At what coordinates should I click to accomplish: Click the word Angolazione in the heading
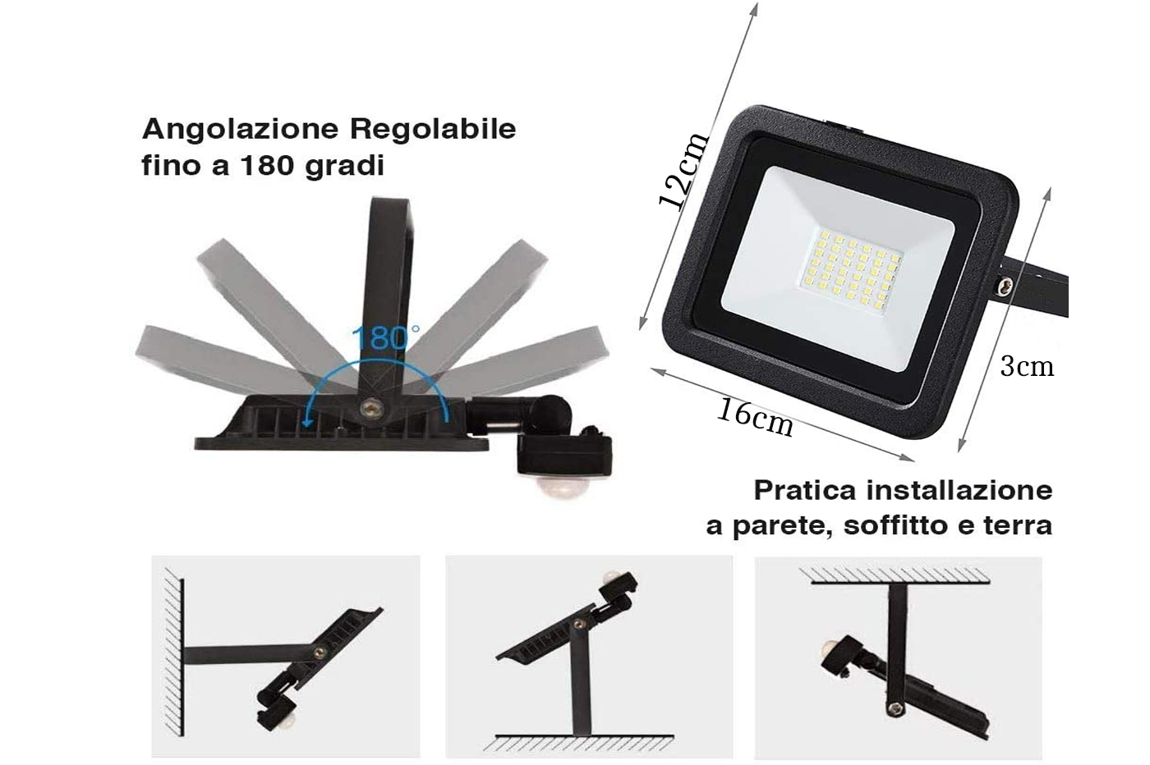coord(240,130)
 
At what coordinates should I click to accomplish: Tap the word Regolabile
coord(432,130)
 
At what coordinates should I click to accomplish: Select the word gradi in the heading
coord(344,167)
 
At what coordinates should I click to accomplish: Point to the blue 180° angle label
coord(385,338)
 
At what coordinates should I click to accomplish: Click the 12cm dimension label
coord(683,171)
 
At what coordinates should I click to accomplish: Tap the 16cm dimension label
coord(755,417)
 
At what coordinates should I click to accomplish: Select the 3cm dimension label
coord(1027,366)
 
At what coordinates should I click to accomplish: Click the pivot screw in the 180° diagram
coord(369,409)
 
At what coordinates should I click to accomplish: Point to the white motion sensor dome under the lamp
coord(561,487)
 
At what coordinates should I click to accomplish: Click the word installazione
coord(959,490)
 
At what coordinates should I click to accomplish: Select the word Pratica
coord(805,490)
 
